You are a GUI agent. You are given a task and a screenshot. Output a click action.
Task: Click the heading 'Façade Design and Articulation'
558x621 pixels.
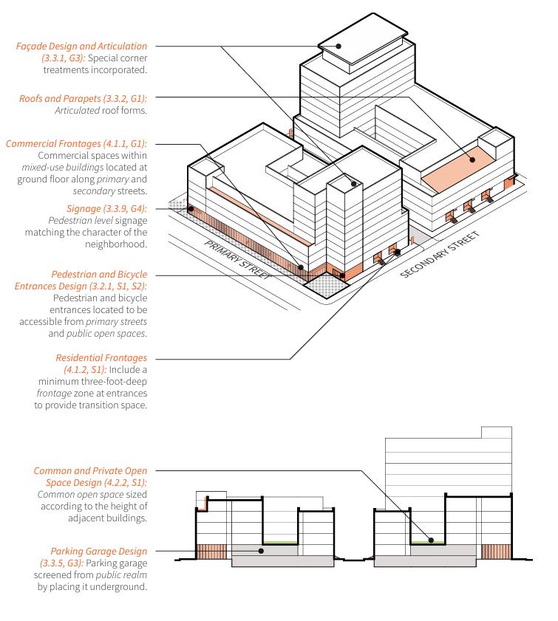pyautogui.click(x=81, y=47)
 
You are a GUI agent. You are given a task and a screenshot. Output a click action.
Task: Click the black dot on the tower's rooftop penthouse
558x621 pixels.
pyautogui.click(x=338, y=46)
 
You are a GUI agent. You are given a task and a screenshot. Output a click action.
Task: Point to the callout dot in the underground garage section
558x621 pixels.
pyautogui.click(x=260, y=551)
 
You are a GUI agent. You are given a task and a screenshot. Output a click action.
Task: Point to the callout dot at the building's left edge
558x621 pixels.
pyautogui.click(x=191, y=209)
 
